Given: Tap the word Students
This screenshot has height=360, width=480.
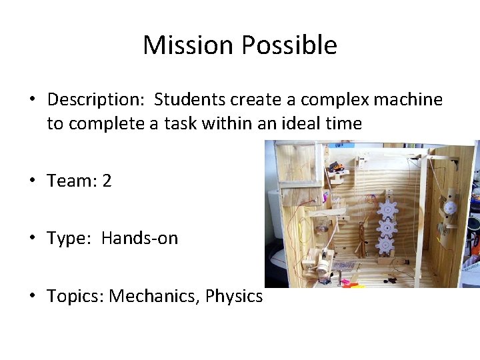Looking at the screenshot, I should (x=190, y=100).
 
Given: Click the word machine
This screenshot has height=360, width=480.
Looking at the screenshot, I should (x=408, y=100).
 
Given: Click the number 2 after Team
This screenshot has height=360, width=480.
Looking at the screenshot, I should (x=107, y=181).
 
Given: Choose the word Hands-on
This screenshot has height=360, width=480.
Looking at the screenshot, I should (x=140, y=239).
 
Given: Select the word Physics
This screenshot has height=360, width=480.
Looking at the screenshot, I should (x=234, y=296).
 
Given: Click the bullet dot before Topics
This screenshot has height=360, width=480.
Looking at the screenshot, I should (x=32, y=296).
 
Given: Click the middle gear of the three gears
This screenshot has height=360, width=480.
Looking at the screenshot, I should (x=386, y=229).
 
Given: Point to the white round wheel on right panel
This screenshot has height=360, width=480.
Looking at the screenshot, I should (x=449, y=207).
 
